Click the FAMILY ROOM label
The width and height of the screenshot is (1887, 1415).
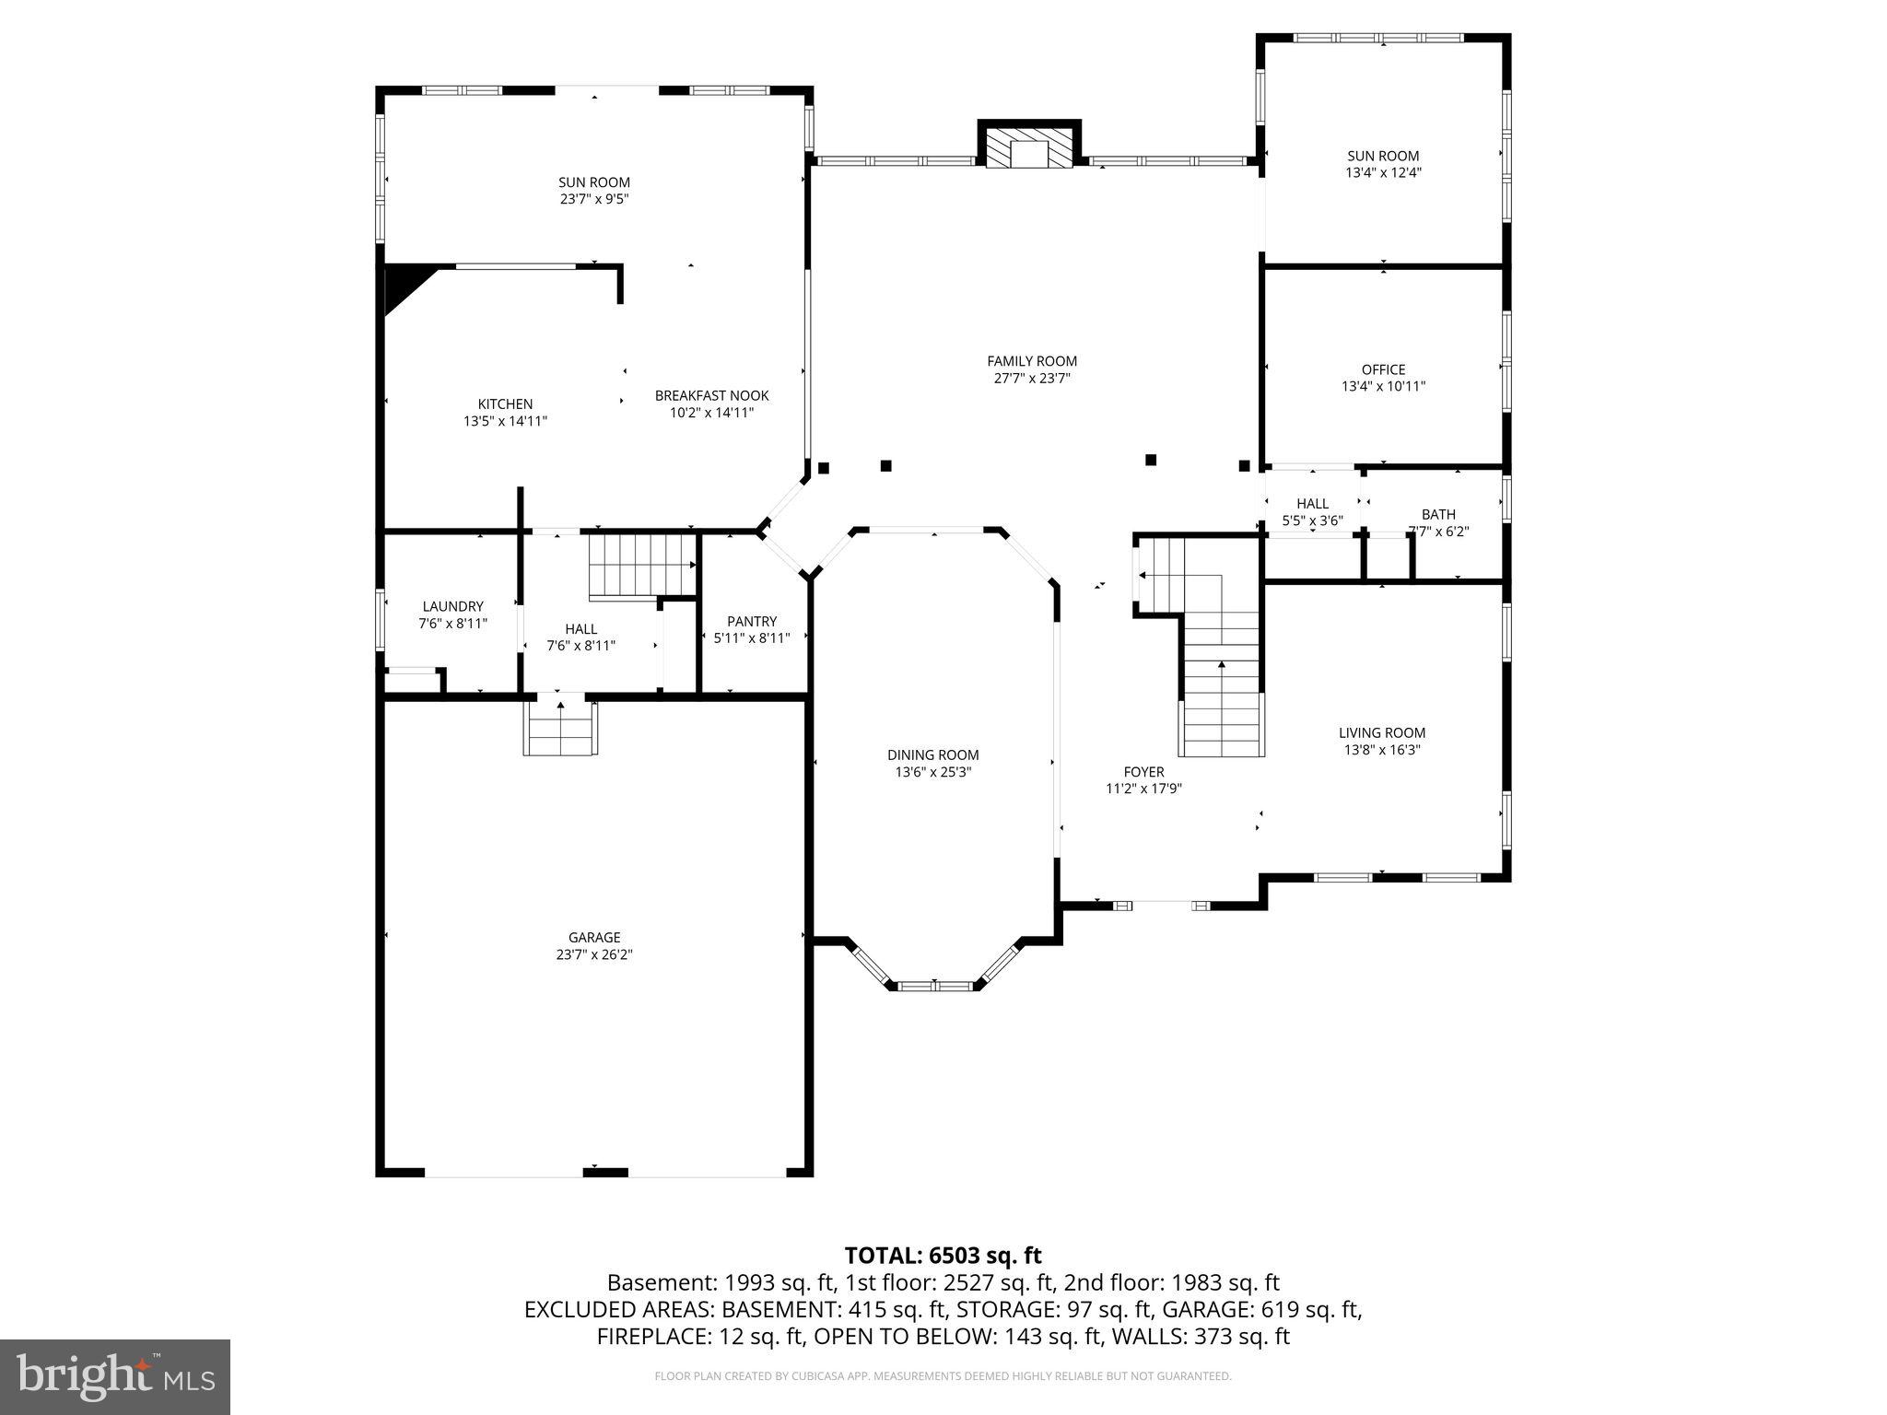(1031, 361)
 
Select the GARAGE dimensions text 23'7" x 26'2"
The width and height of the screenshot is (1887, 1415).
(593, 954)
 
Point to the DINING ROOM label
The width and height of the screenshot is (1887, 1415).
(932, 754)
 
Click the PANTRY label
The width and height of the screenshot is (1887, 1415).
(751, 621)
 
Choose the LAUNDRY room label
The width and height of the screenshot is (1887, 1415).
(452, 606)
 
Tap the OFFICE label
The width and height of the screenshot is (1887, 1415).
(1383, 369)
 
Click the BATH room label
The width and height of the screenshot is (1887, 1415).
(1437, 514)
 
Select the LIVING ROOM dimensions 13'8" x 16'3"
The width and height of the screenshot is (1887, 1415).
(1381, 750)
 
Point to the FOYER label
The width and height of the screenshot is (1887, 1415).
(1143, 772)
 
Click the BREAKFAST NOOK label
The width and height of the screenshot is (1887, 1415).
(711, 395)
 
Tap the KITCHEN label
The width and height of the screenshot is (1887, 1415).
(505, 403)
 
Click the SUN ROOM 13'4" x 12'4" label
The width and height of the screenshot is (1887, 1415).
(1383, 156)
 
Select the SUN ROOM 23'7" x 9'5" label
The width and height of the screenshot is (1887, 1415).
(593, 182)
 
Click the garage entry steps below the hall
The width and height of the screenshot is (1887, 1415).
(560, 728)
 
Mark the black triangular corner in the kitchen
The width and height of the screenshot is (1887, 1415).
(402, 283)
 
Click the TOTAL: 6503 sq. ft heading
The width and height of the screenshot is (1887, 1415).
(943, 1255)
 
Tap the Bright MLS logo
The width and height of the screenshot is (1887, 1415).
(115, 1376)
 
